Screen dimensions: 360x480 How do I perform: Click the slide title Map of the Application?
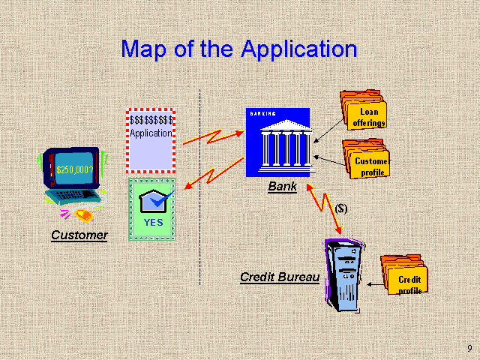point(238,49)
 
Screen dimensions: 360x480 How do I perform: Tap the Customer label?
point(79,235)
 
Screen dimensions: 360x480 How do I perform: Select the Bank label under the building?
point(282,187)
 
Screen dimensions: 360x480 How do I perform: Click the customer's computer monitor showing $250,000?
point(73,167)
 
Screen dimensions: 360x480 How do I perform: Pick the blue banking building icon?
point(277,143)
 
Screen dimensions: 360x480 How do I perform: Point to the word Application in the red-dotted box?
point(151,133)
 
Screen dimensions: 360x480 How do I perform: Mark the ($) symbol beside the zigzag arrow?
point(340,208)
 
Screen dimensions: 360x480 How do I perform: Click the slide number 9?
point(469,348)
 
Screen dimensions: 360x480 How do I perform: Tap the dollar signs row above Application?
point(151,119)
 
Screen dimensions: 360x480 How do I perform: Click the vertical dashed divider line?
point(200,187)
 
